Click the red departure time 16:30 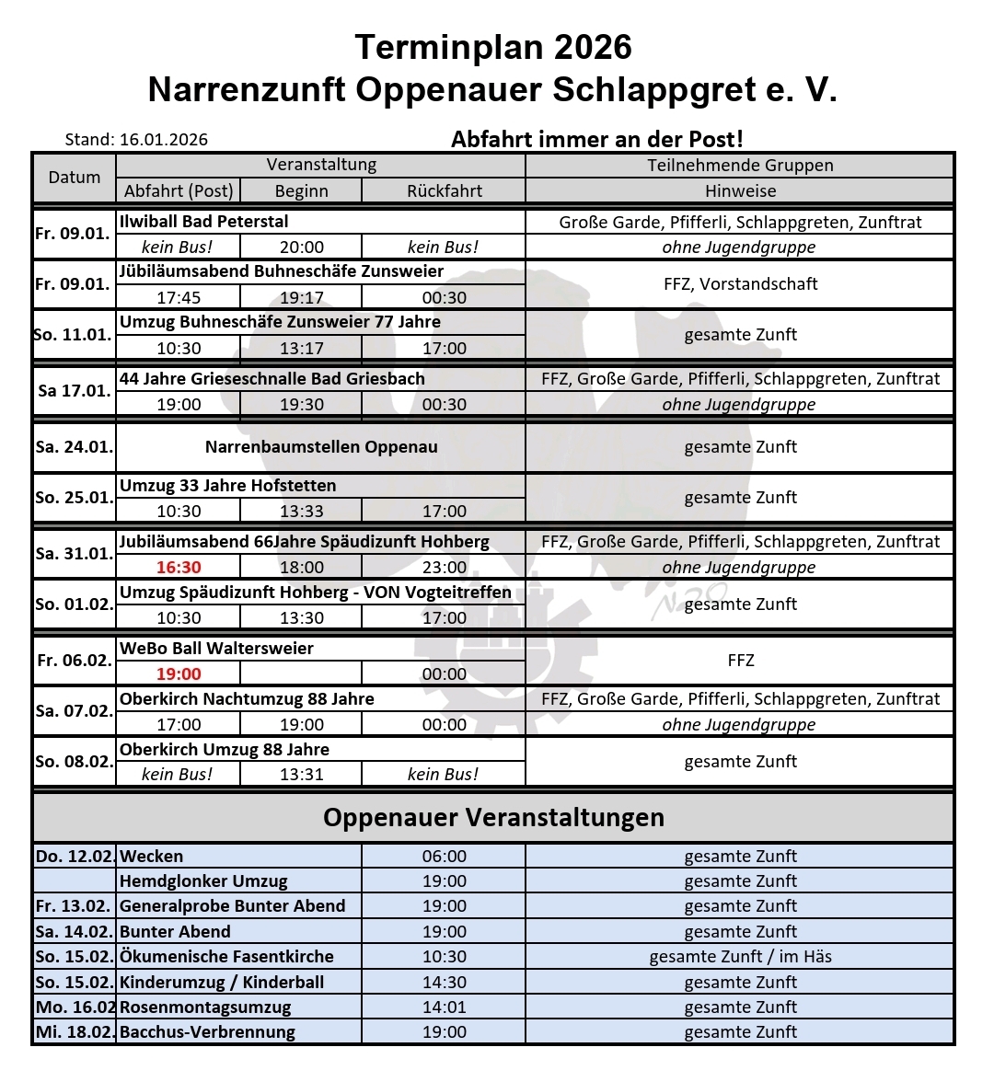click(179, 567)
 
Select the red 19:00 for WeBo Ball click(179, 673)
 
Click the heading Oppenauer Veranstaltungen click(493, 817)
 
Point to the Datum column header click(75, 178)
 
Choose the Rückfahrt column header click(444, 190)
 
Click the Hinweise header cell click(740, 190)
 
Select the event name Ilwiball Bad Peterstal click(204, 222)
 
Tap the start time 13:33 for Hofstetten click(302, 511)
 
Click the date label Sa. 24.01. click(75, 447)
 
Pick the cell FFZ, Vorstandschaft click(740, 284)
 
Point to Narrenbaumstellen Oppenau click(321, 447)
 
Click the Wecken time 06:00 click(444, 856)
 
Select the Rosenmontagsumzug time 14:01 click(444, 1007)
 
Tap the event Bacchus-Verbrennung click(208, 1031)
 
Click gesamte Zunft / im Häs click(740, 956)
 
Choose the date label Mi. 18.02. click(75, 1031)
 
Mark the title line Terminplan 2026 click(493, 47)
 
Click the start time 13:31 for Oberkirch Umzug click(302, 774)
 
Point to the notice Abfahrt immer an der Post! click(596, 139)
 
